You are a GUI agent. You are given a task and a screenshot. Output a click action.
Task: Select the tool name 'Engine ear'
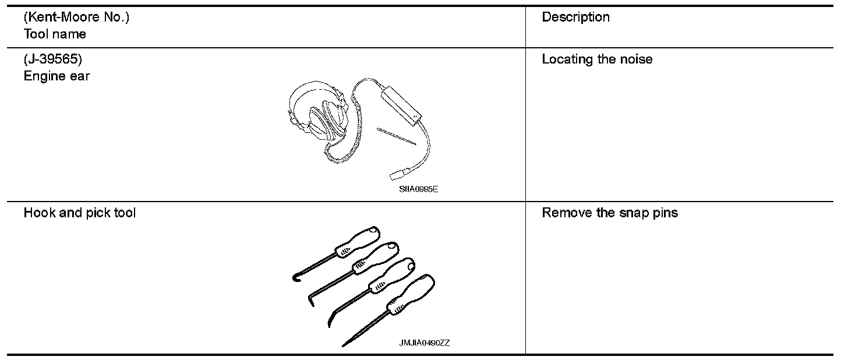56,76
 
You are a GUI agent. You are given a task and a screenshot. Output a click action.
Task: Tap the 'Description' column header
575,17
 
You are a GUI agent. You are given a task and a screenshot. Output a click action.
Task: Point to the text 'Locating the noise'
597,59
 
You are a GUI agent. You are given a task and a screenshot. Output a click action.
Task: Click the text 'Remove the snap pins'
610,213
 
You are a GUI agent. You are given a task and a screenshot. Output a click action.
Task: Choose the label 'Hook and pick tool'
80,213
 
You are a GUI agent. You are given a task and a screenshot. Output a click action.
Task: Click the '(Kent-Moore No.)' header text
76,17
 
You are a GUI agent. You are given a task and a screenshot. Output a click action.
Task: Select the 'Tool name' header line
55,34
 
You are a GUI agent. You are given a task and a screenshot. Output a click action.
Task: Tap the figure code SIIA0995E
415,189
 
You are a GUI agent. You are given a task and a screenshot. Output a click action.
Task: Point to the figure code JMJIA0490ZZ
424,343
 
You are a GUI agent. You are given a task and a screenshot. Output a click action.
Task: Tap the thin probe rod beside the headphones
397,136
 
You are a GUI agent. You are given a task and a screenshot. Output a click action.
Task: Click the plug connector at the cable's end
395,174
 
